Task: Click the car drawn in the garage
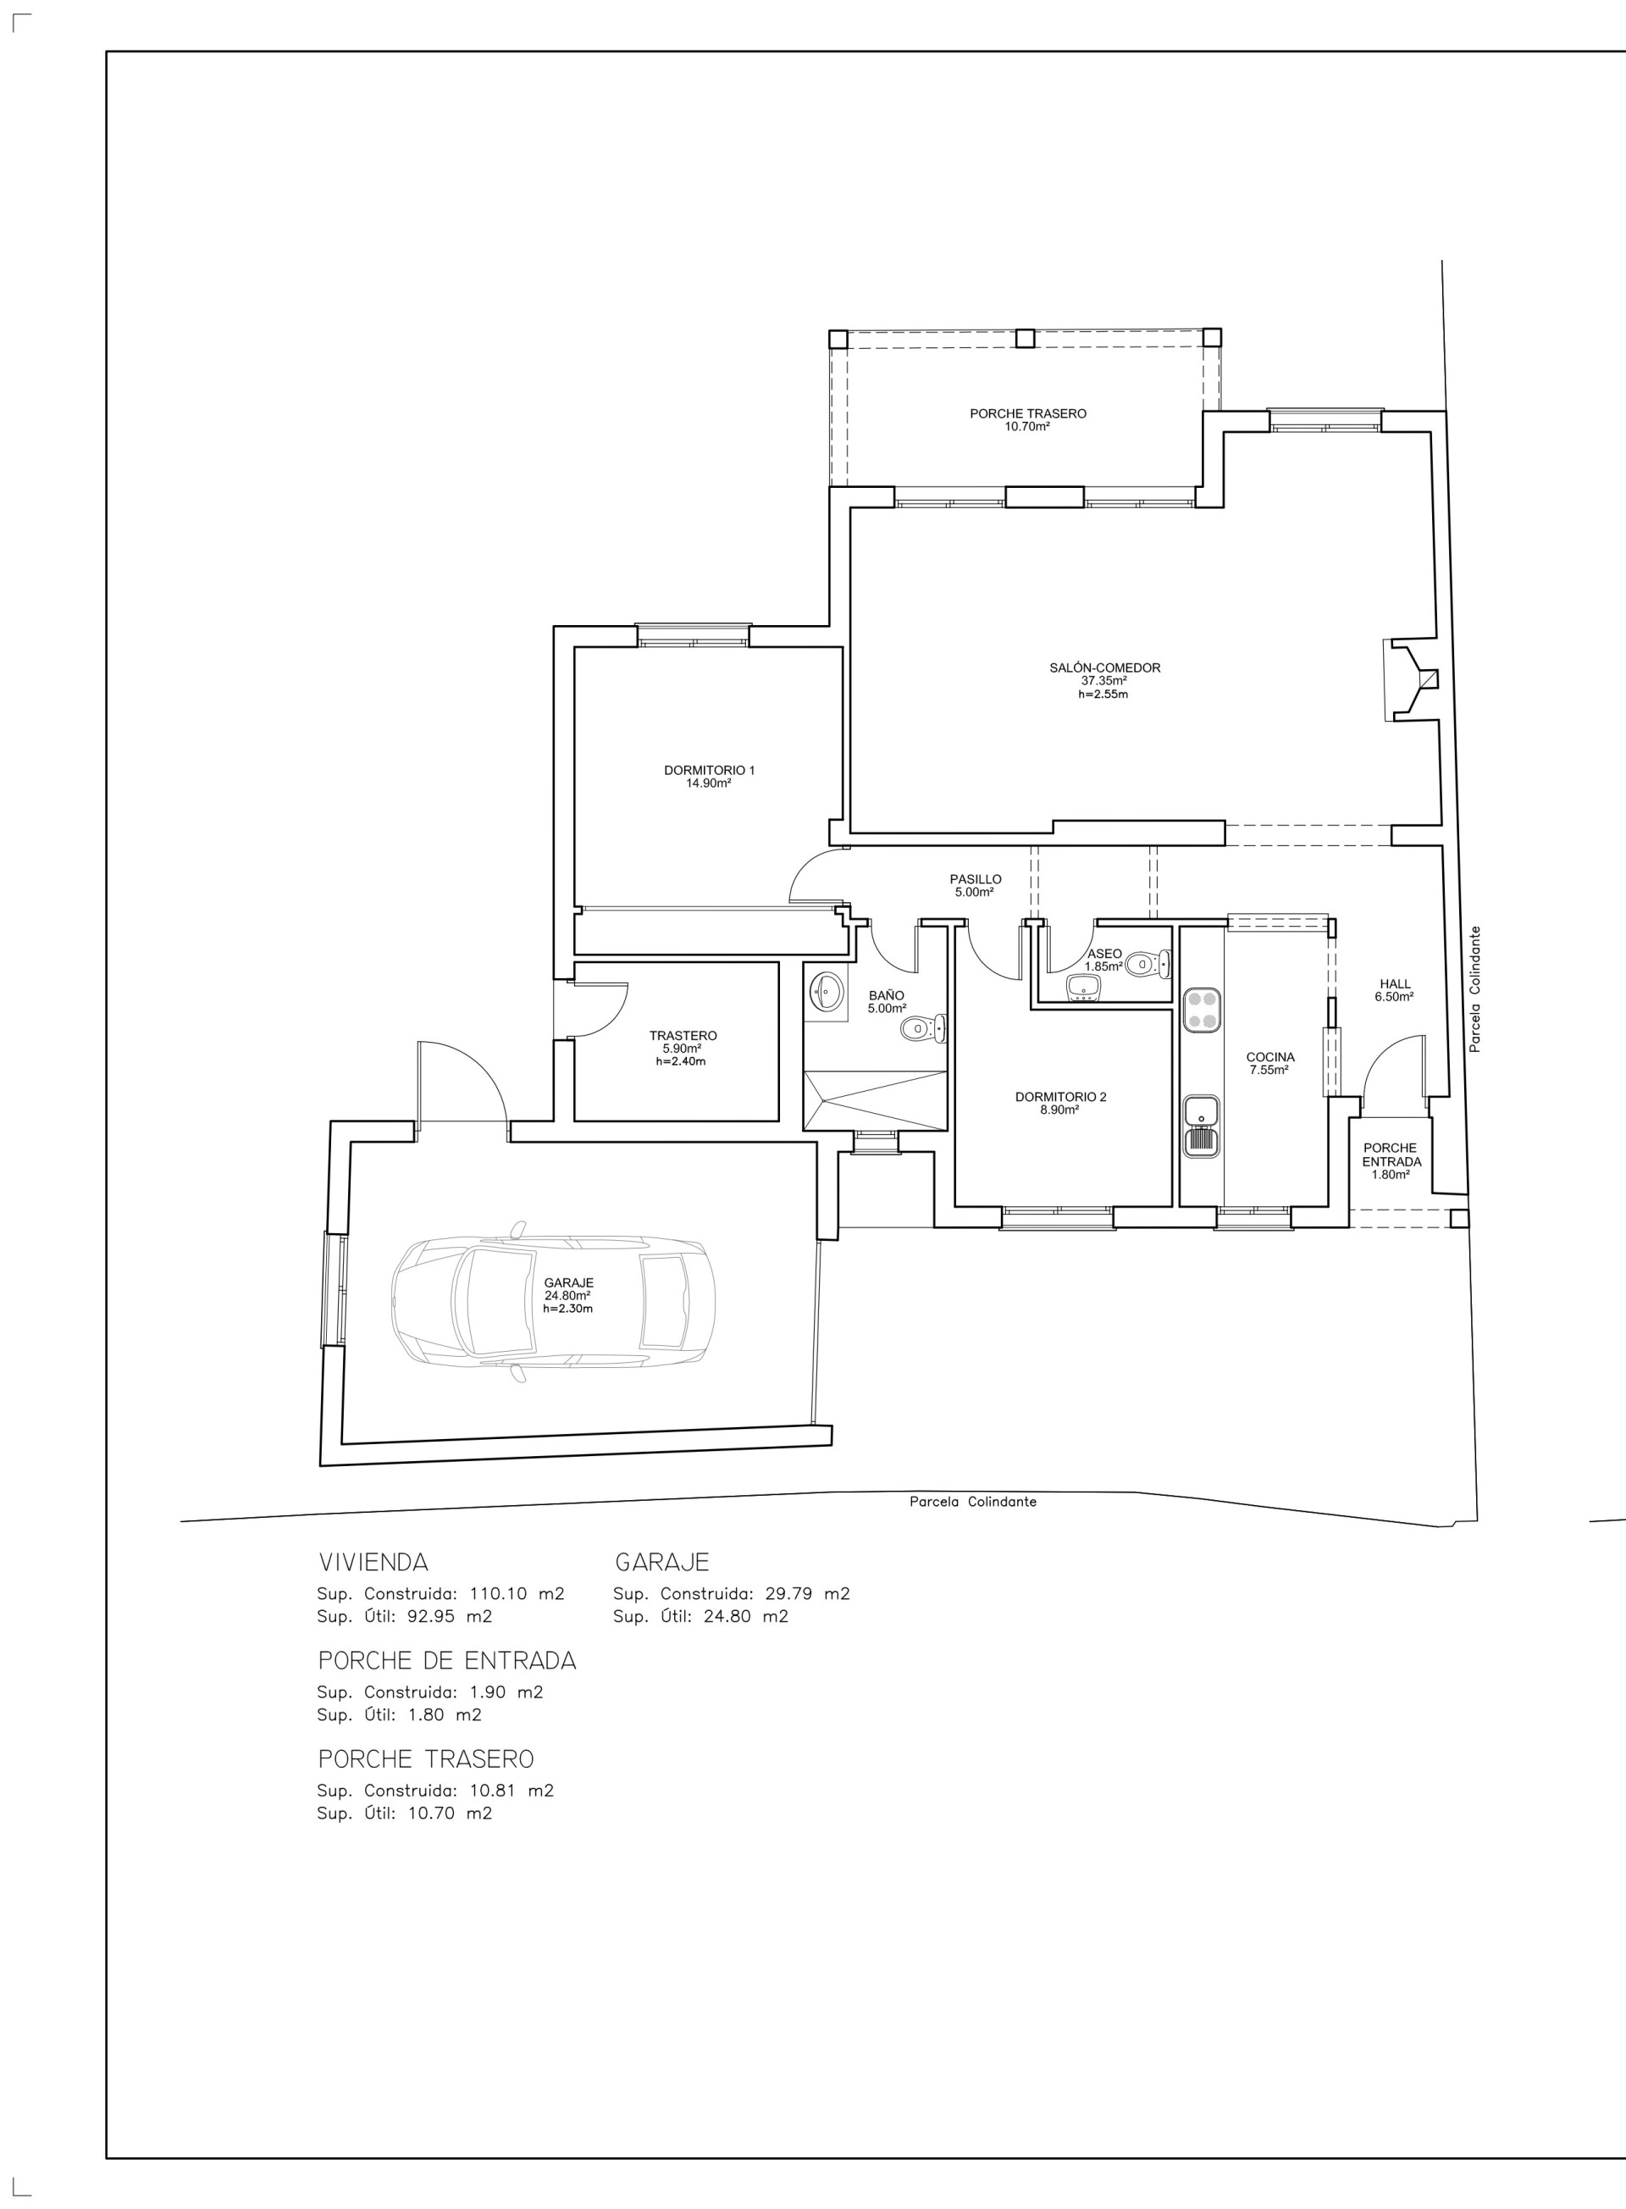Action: (x=553, y=1303)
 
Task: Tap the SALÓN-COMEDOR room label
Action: (x=1104, y=667)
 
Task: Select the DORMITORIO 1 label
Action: (x=709, y=770)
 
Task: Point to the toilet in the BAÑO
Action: (x=923, y=1029)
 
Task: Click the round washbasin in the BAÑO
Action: (x=825, y=991)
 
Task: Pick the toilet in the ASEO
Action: (x=1148, y=963)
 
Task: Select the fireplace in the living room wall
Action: (x=1412, y=679)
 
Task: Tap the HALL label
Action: (x=1395, y=983)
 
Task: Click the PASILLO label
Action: (x=976, y=879)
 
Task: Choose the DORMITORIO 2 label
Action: (x=1061, y=1097)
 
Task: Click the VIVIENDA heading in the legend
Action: (x=373, y=1562)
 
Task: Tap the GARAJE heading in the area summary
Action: (x=662, y=1562)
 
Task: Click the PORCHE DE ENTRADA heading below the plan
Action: (x=447, y=1661)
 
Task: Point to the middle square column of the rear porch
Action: (x=1025, y=338)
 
